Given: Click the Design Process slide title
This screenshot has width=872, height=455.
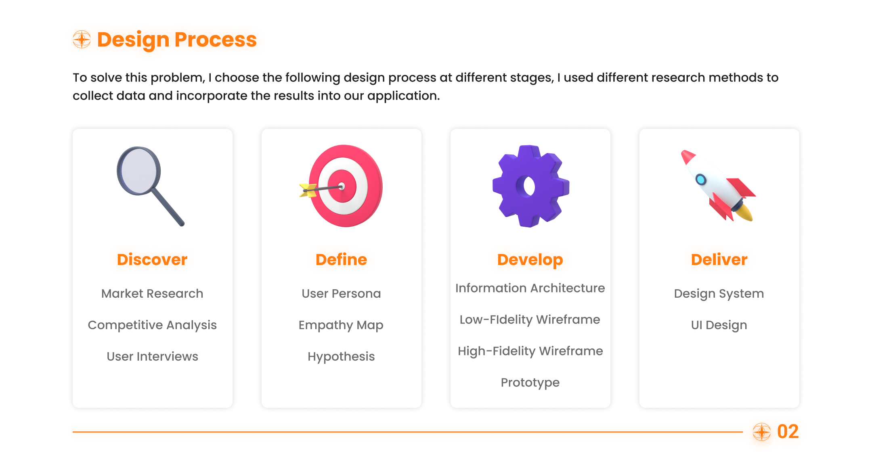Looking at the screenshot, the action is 177,40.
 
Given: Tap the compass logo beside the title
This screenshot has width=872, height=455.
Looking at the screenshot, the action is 82,39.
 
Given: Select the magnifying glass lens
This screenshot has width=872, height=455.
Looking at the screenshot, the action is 139,171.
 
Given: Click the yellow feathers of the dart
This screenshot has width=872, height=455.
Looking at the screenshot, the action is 308,190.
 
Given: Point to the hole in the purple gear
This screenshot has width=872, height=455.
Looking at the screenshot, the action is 528,186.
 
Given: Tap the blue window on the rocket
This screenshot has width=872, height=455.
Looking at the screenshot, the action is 700,179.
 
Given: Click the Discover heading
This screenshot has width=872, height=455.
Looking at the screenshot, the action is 152,259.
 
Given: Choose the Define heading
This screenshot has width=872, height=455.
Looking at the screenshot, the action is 341,259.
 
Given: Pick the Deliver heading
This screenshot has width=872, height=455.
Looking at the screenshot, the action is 719,259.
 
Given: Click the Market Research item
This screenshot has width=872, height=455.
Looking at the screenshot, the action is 152,293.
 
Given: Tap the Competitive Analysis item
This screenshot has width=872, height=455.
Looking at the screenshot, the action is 152,325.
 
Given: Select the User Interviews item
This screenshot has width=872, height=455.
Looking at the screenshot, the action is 152,356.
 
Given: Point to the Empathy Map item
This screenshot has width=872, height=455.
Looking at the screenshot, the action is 341,325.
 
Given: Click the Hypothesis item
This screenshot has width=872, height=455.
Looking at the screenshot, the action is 341,357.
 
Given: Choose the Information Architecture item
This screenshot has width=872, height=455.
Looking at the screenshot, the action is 530,288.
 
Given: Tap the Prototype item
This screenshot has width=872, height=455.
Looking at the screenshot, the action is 530,382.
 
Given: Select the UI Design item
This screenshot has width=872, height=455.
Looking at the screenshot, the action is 719,325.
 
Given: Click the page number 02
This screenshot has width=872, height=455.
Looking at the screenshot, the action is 788,432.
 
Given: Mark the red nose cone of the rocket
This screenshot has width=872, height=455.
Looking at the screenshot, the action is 687,156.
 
